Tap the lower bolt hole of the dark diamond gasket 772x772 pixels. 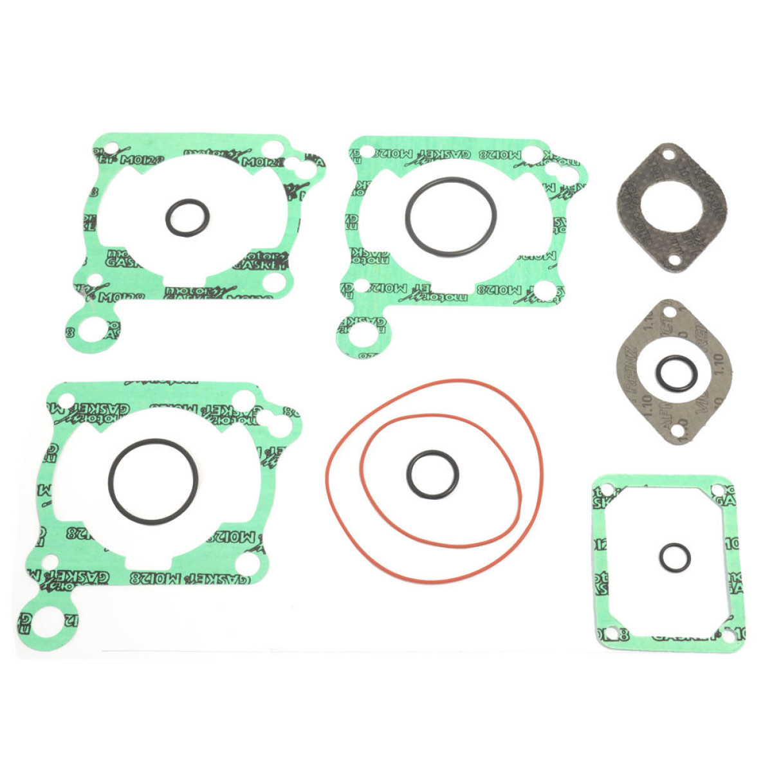(x=674, y=261)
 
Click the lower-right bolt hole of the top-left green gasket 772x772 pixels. (x=275, y=282)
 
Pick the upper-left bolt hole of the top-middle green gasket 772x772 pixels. (x=367, y=152)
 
